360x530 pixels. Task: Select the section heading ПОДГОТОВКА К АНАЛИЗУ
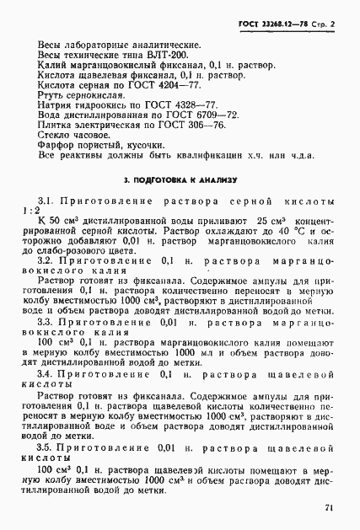coord(185,180)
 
